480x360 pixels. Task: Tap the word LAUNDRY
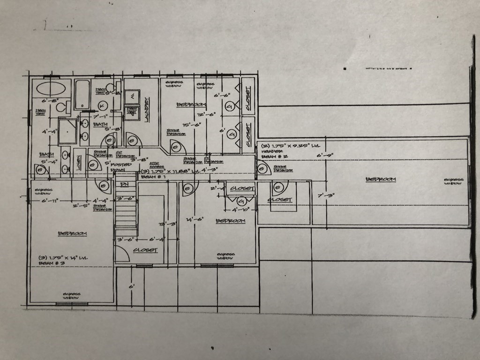tap(147, 109)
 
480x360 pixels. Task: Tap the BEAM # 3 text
tap(52, 264)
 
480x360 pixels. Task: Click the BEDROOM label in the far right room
tap(381, 179)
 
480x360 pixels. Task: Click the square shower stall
tap(67, 131)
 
